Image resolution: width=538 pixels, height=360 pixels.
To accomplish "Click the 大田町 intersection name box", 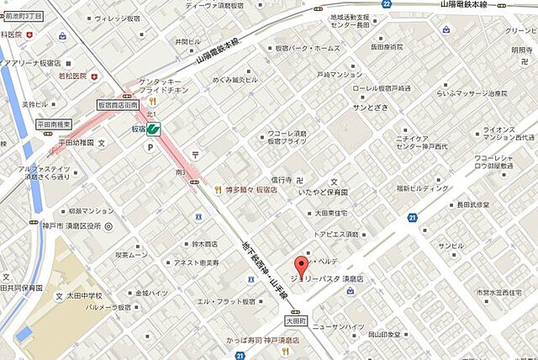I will pos(294,320).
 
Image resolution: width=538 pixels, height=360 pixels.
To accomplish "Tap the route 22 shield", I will pos(386,4).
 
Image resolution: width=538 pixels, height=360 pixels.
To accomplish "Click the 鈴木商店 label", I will pos(204,244).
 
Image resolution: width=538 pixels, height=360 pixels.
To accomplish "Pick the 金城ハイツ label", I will pos(152,292).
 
